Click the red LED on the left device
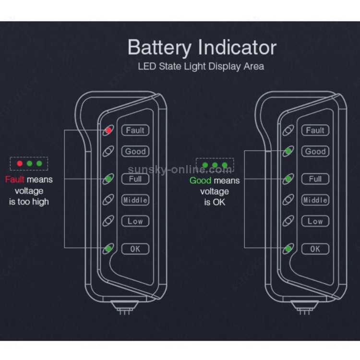coord(109,130)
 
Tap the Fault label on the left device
coord(135,130)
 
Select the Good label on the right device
coord(315,151)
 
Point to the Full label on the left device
coord(135,179)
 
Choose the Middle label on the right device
coord(315,200)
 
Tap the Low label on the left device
coord(135,221)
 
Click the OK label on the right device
coord(315,249)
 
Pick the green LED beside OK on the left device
coord(109,249)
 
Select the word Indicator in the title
coord(238,48)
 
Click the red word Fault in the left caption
coord(14,180)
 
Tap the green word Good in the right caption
coord(200,180)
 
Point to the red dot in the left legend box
coord(20,164)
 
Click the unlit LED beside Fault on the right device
coord(288,130)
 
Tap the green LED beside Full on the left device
coord(109,179)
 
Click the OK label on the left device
coord(135,249)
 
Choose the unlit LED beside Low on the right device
coord(288,221)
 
